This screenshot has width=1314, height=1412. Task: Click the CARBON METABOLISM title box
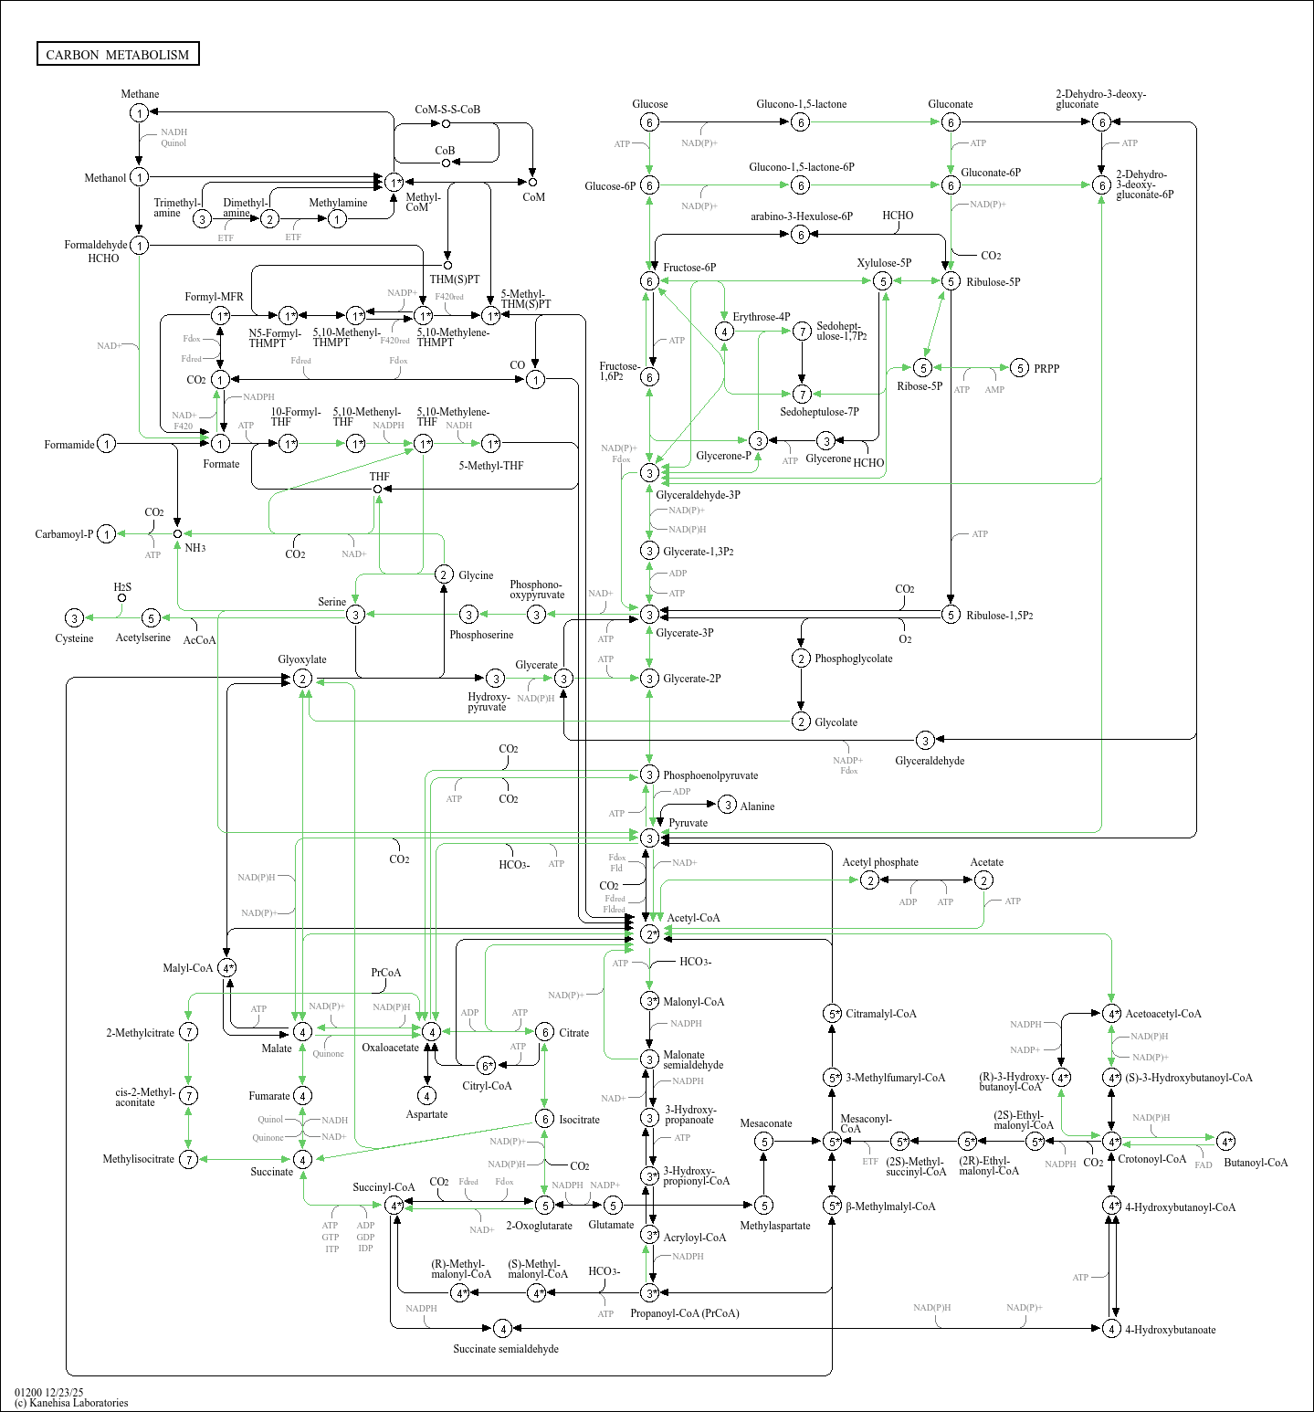pyautogui.click(x=118, y=54)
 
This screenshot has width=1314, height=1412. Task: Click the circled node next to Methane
pyautogui.click(x=139, y=112)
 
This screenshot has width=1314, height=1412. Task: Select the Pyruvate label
pyautogui.click(x=688, y=823)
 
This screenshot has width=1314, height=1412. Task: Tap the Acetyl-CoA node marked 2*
pyautogui.click(x=649, y=934)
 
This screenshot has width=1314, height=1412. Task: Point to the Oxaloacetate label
pyautogui.click(x=390, y=1048)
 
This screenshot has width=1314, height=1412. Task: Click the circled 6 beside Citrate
pyautogui.click(x=545, y=1032)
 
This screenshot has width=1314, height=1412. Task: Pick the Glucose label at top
pyautogui.click(x=649, y=104)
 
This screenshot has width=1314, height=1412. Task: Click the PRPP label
pyautogui.click(x=1046, y=369)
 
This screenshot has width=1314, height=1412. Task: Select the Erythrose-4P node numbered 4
pyautogui.click(x=724, y=332)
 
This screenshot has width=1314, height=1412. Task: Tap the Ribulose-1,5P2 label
pyautogui.click(x=1000, y=616)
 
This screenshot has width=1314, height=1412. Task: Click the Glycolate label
pyautogui.click(x=836, y=722)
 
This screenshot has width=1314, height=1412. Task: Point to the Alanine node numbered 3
pyautogui.click(x=727, y=805)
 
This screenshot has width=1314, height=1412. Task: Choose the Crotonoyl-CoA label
pyautogui.click(x=1151, y=1159)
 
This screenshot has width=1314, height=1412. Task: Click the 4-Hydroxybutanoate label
pyautogui.click(x=1170, y=1330)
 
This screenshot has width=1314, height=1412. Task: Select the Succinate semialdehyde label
pyautogui.click(x=506, y=1349)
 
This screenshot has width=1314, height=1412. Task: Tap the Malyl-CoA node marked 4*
pyautogui.click(x=227, y=968)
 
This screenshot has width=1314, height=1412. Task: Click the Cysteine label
pyautogui.click(x=74, y=638)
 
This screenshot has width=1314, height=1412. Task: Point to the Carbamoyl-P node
pyautogui.click(x=107, y=534)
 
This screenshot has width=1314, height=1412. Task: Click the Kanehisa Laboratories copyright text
pyautogui.click(x=71, y=1403)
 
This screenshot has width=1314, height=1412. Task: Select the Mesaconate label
pyautogui.click(x=765, y=1123)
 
